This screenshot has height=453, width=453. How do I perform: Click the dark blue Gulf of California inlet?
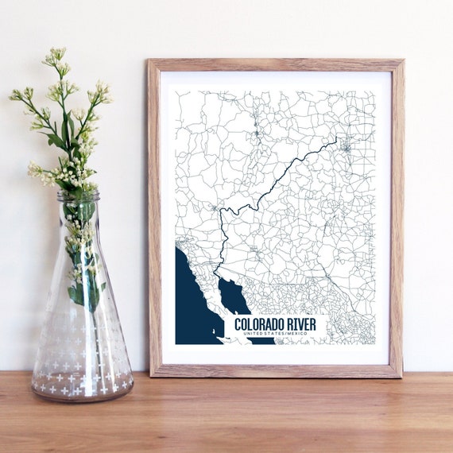pyautogui.click(x=233, y=296)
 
